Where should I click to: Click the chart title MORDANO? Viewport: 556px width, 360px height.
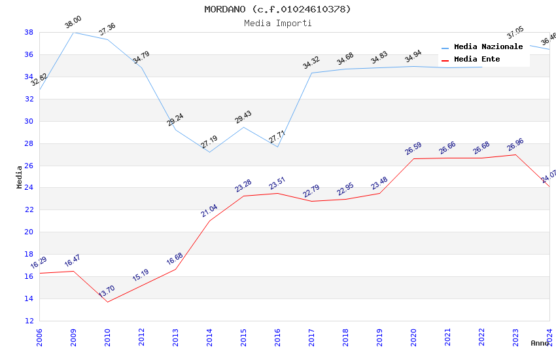point(277,9)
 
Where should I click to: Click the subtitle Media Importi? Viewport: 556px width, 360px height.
point(277,23)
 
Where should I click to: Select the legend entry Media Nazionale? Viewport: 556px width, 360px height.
point(488,46)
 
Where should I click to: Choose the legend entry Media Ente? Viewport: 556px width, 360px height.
point(477,59)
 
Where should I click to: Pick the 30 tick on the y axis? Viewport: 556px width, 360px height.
point(29,121)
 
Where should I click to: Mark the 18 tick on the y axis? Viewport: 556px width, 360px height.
point(29,254)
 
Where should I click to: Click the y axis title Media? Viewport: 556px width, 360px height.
point(20,177)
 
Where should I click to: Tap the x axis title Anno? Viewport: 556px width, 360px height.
point(540,343)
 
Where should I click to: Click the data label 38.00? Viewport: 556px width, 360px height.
point(73,24)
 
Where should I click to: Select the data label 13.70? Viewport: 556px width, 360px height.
point(107,291)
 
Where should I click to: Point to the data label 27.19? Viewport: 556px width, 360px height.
point(209,141)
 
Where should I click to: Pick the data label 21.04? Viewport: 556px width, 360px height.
point(209,210)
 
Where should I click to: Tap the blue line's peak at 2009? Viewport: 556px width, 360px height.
point(73,32)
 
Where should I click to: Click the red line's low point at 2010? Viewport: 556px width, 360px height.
point(107,302)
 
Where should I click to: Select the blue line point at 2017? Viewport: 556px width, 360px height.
point(311,73)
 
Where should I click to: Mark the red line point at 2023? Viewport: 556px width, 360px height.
point(515,154)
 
